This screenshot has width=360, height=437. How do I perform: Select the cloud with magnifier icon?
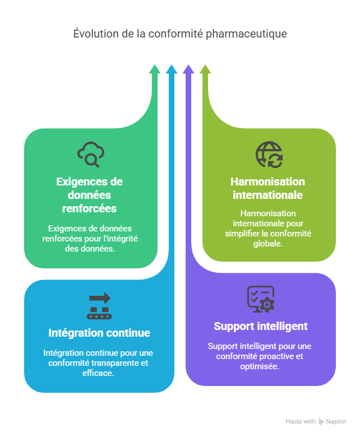pyautogui.click(x=90, y=155)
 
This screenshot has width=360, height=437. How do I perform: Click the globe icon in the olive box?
pyautogui.click(x=269, y=155)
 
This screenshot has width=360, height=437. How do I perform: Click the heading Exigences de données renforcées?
pyautogui.click(x=90, y=195)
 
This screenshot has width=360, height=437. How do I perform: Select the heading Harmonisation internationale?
pyautogui.click(x=268, y=188)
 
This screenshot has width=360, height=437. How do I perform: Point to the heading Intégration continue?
pyautogui.click(x=99, y=333)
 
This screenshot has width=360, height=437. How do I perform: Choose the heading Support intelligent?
pyautogui.click(x=261, y=326)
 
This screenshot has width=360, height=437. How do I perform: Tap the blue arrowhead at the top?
pyautogui.click(x=172, y=68)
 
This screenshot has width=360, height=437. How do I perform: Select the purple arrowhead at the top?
pyautogui.click(x=188, y=68)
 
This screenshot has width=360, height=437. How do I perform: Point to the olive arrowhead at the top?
pyautogui.click(x=205, y=68)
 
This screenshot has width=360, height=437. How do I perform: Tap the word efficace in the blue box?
pyautogui.click(x=99, y=373)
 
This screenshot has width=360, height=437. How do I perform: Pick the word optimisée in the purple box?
pyautogui.click(x=261, y=366)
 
